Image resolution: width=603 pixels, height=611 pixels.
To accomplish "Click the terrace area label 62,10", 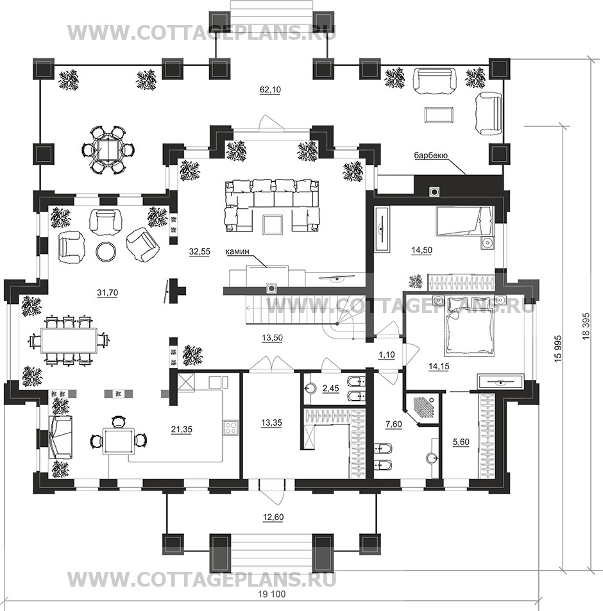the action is pos(270,90).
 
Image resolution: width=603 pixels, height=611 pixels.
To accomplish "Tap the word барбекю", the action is pos(430,156).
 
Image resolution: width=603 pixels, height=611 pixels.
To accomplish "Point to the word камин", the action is pos(237,252).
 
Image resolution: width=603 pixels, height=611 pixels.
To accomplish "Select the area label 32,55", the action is pos(200,252).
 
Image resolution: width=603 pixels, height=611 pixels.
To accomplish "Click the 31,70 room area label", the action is pos(107,292).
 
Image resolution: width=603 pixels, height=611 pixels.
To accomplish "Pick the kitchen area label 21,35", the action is pos(182,430).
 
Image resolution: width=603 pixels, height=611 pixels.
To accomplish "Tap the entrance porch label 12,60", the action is pos(273,517).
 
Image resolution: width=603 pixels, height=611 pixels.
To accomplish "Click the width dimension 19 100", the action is pos(272,594).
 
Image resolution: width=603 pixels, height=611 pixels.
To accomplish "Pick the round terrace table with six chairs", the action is pos(108,149).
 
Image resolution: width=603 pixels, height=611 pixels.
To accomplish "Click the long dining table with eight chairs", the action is pos(69,340).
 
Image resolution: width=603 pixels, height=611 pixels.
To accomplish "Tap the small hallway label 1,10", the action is pos(387,355).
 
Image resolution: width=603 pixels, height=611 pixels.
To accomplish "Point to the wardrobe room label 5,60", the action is pos(461,442).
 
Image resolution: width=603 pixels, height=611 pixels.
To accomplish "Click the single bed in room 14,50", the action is pos(464,221).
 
